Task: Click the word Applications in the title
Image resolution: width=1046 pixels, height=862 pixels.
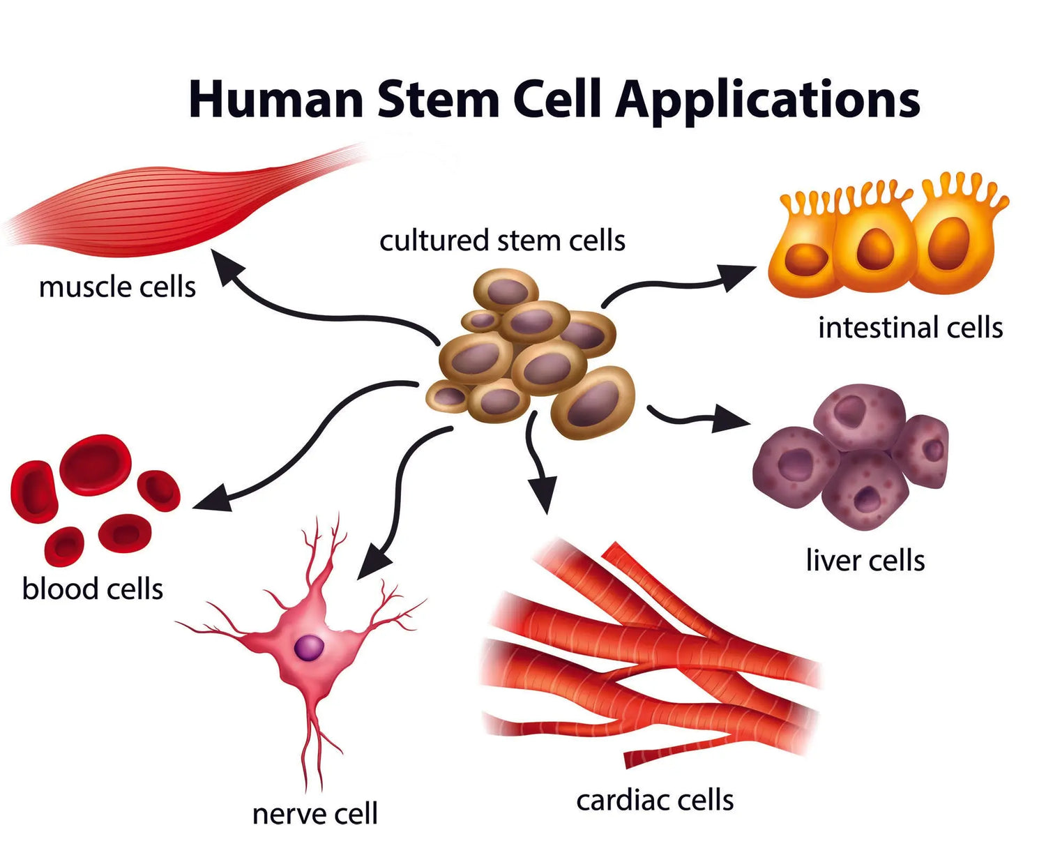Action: [767, 100]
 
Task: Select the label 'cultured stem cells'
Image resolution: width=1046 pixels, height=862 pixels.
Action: [502, 241]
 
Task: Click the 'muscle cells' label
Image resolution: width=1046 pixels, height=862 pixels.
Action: [117, 287]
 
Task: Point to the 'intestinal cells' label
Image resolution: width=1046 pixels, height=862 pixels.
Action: [910, 327]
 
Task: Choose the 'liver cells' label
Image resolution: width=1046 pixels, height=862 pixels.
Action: [865, 560]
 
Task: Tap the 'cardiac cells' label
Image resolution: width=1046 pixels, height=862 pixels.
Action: [655, 800]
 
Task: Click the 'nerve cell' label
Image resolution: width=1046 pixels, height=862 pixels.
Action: [314, 814]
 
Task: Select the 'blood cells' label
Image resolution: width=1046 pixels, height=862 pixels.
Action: [93, 589]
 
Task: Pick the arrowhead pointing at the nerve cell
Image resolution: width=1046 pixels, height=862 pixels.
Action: [372, 563]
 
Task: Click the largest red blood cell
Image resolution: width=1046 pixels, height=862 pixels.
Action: [95, 464]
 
